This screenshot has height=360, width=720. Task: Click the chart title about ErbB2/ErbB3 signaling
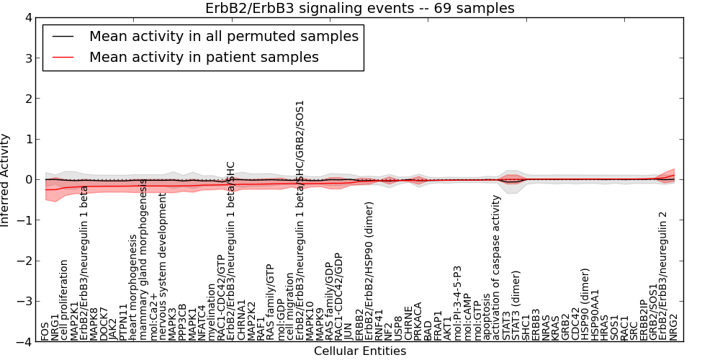[x=359, y=8]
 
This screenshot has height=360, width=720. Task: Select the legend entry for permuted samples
[x=223, y=36]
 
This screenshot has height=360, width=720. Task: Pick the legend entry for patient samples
[x=204, y=57]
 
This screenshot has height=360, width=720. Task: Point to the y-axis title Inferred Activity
[x=6, y=180]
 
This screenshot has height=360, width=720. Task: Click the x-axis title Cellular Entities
[x=359, y=351]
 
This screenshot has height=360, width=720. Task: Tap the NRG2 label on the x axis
[x=673, y=326]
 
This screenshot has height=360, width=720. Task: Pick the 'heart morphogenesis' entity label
[x=133, y=287]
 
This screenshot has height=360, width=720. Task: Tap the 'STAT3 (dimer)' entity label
[x=516, y=305]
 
